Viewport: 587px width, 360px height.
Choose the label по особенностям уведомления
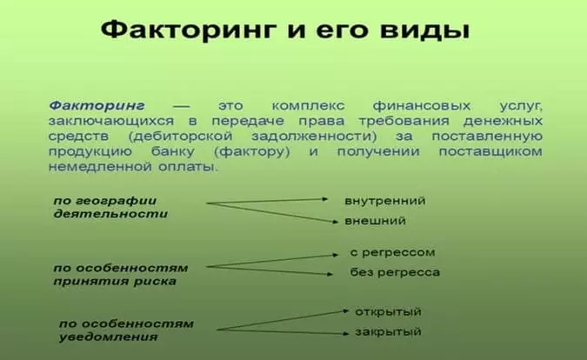(x=126, y=330)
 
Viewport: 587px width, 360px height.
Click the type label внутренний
(x=384, y=201)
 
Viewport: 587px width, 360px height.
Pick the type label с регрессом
(x=392, y=252)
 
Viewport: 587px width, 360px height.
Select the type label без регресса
(x=395, y=273)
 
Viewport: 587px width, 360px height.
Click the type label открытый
(x=388, y=311)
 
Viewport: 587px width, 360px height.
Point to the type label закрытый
(x=388, y=332)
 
